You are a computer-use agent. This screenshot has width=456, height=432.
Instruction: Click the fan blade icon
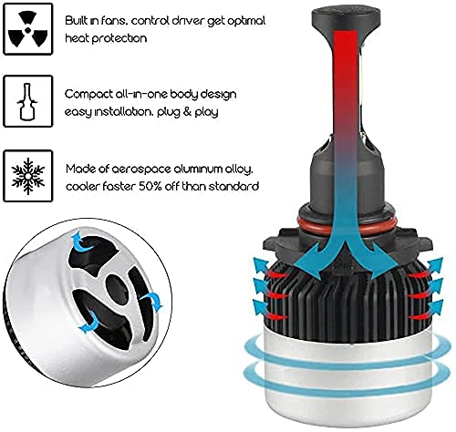(x=27, y=29)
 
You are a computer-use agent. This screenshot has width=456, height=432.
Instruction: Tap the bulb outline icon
(x=27, y=101)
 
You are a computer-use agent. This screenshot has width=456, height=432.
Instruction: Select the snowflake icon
(x=28, y=176)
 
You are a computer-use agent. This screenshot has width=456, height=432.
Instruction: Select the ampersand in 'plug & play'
(x=186, y=112)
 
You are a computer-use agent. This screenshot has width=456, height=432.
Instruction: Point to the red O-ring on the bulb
(x=346, y=226)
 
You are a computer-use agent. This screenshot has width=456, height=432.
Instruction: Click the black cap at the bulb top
(x=346, y=18)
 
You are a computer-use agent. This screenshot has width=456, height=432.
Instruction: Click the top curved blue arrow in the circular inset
(x=82, y=243)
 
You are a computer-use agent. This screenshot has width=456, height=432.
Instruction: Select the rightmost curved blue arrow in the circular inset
(x=153, y=301)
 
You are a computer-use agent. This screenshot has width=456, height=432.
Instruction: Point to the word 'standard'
(x=233, y=186)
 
